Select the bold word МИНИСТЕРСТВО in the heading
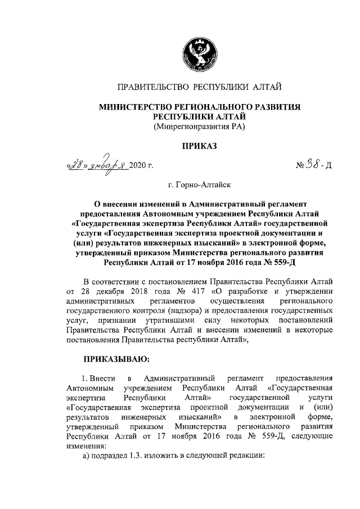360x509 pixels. click(x=136, y=106)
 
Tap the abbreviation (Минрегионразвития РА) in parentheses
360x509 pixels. click(x=200, y=126)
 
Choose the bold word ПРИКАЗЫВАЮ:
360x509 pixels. click(x=116, y=357)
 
